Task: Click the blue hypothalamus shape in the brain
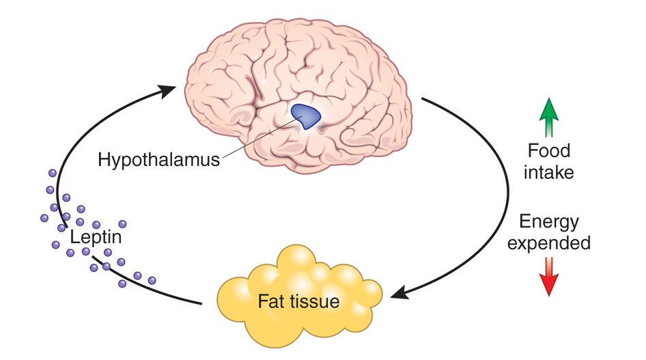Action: coord(305,115)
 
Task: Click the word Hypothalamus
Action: coord(158,159)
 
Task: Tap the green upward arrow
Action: coord(549,117)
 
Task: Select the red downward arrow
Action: coord(549,277)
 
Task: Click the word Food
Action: coord(549,150)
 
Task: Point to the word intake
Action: coord(549,172)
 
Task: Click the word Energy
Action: coord(549,222)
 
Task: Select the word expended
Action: coord(549,243)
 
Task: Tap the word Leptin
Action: coord(96,237)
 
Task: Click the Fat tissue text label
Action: coord(298,301)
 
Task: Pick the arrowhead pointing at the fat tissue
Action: coord(399,292)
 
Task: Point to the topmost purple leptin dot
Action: coord(53,173)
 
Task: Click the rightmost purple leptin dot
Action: coord(152,281)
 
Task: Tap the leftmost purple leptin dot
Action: coord(44,218)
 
